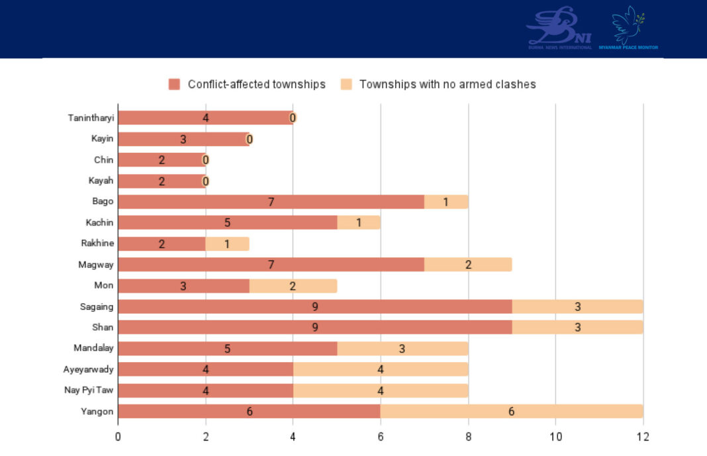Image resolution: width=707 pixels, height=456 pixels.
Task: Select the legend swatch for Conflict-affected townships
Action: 175,84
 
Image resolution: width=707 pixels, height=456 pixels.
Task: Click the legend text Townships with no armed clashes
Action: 447,84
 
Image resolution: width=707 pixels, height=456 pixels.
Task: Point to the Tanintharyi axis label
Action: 91,118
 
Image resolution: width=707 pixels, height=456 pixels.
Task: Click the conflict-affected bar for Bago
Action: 271,202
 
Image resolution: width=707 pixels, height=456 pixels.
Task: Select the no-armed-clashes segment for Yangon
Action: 511,411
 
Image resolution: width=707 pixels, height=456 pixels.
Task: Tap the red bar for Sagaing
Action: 314,306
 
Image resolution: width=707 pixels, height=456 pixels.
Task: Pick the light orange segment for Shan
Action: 577,327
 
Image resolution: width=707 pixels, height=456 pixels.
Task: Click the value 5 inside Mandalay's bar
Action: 227,348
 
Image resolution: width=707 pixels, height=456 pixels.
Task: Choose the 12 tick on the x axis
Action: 643,437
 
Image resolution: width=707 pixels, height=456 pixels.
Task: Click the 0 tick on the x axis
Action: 118,437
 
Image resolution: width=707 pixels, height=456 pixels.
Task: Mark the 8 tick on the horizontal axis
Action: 468,437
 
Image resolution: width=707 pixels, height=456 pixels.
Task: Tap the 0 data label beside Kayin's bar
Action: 250,139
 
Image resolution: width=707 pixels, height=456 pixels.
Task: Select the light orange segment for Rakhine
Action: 227,244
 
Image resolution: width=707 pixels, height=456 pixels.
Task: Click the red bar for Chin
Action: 162,160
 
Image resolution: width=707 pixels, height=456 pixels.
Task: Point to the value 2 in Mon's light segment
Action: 293,285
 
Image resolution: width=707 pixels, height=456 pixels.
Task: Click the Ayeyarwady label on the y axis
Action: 89,369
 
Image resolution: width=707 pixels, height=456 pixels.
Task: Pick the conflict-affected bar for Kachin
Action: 227,222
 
